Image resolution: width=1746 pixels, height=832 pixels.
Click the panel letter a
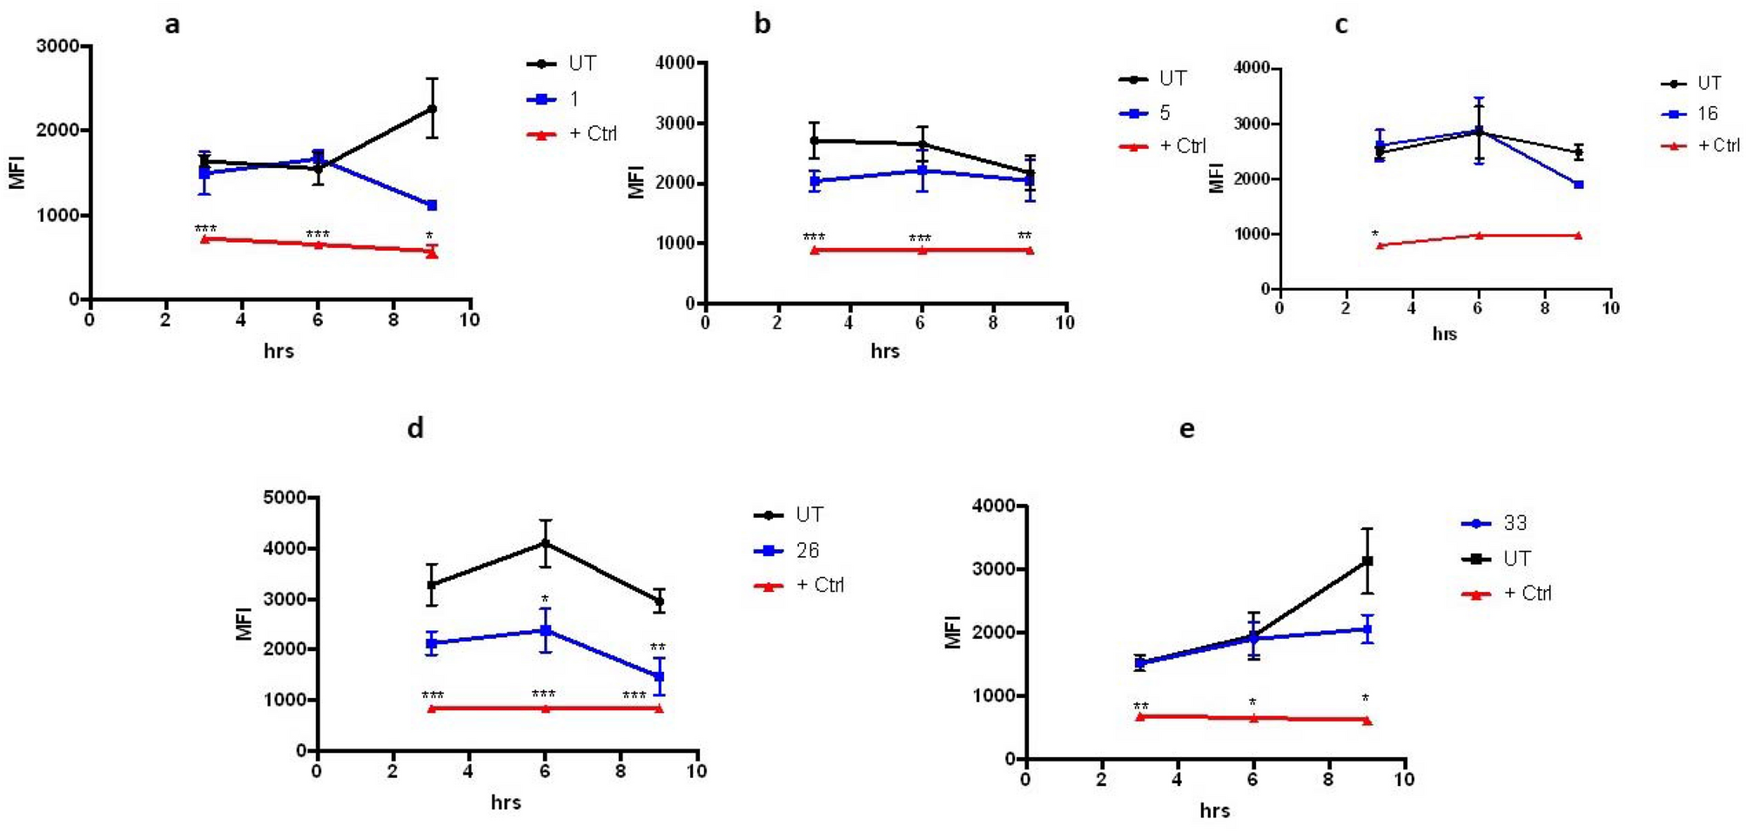pos(172,24)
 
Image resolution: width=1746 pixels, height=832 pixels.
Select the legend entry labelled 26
pos(807,550)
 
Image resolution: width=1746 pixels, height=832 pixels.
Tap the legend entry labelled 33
pos(1514,523)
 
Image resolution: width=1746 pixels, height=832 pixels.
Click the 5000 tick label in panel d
pos(284,498)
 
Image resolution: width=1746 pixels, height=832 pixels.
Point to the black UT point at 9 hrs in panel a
pos(432,109)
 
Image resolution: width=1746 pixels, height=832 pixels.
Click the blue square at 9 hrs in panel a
pos(432,205)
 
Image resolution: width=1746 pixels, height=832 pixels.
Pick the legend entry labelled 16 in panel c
pos(1707,114)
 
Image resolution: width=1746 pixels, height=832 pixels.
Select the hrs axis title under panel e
pos(1214,811)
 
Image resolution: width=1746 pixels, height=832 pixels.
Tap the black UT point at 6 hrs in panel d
pos(546,543)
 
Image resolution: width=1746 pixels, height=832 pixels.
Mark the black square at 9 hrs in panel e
pos(1367,561)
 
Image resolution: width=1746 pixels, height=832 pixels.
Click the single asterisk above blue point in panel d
pos(545,600)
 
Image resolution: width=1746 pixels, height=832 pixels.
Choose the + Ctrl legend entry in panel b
pos(1182,146)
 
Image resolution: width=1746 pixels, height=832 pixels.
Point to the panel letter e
pos(1186,429)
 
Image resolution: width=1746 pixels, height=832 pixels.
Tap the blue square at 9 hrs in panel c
pos(1578,185)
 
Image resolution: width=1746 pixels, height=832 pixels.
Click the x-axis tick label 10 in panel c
pos(1610,308)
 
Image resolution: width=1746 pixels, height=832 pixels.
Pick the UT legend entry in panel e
pos(1516,559)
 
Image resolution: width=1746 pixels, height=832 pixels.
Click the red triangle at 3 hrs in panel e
pos(1140,716)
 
